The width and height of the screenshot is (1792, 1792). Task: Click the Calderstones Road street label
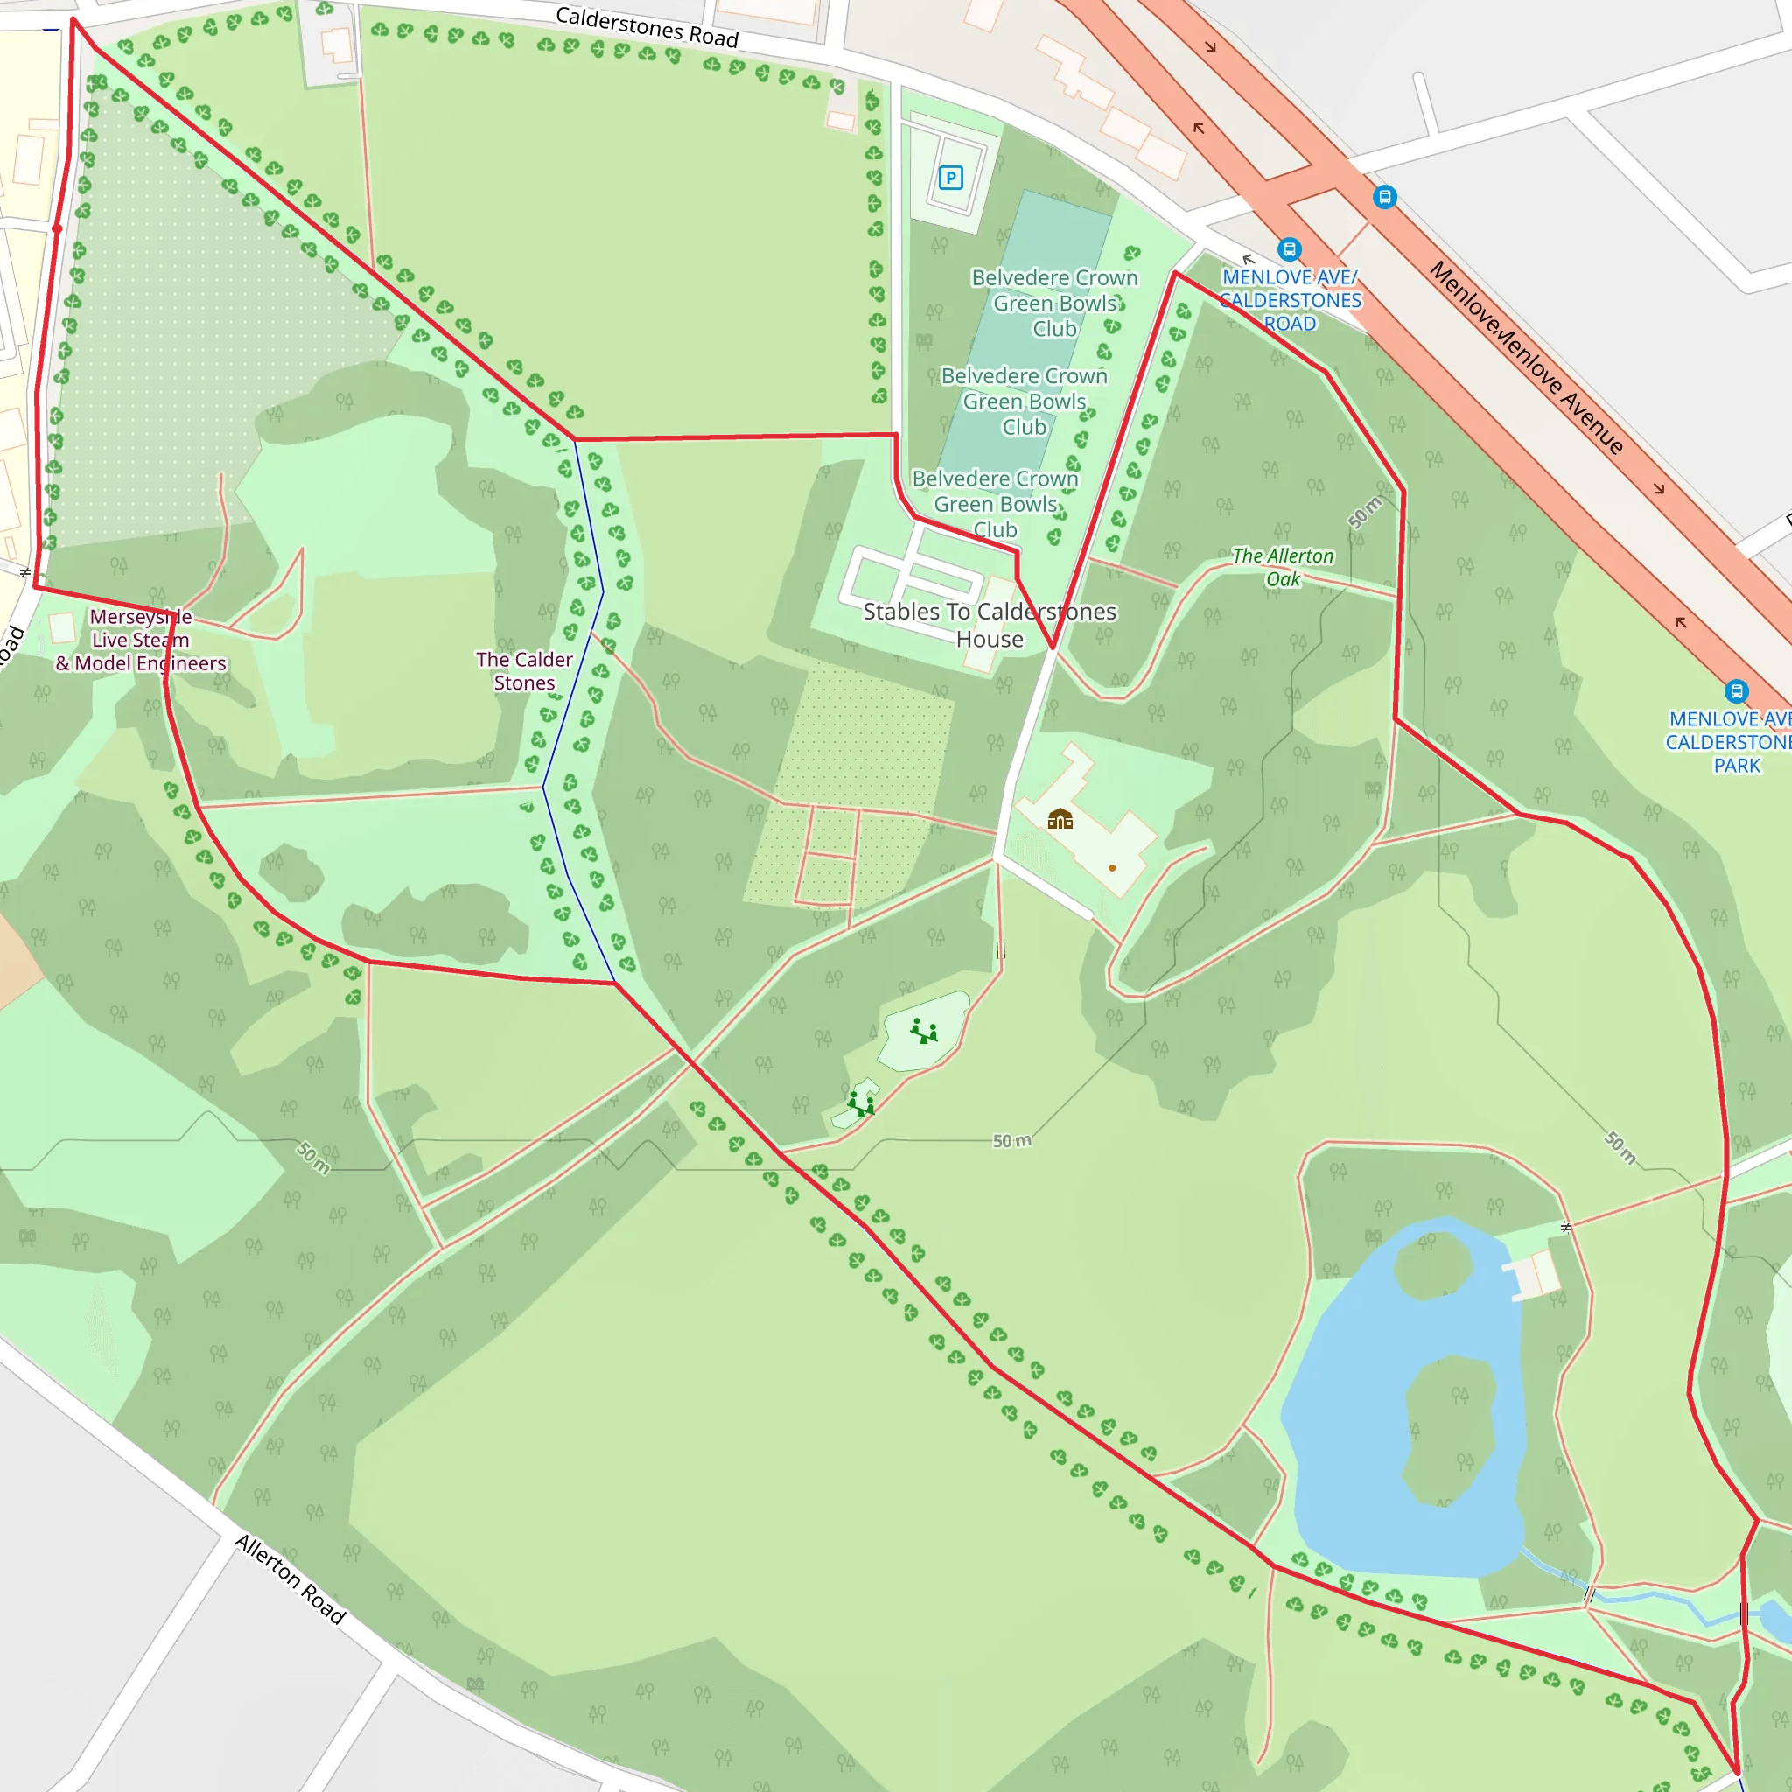pyautogui.click(x=647, y=26)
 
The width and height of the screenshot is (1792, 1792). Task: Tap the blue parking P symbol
pyautogui.click(x=951, y=177)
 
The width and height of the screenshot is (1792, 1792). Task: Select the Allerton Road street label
pyautogui.click(x=290, y=1578)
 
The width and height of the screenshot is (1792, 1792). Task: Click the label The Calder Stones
pyautogui.click(x=524, y=670)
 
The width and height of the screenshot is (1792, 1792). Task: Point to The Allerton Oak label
pyautogui.click(x=1283, y=567)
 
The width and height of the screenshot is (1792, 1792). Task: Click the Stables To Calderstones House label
pyautogui.click(x=990, y=624)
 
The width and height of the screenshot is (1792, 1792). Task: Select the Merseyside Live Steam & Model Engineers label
pyautogui.click(x=141, y=640)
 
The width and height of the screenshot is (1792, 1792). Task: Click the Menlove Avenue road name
pyautogui.click(x=1527, y=358)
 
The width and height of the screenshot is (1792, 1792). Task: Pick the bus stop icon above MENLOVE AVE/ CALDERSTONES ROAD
pyautogui.click(x=1289, y=248)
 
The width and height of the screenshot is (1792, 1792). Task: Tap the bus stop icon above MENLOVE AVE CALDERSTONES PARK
pyautogui.click(x=1736, y=691)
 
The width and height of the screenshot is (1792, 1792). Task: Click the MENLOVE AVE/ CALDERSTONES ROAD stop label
pyautogui.click(x=1291, y=299)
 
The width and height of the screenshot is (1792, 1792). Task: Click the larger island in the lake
pyautogui.click(x=1450, y=1428)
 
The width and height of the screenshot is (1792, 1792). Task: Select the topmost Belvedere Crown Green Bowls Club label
pyautogui.click(x=1054, y=303)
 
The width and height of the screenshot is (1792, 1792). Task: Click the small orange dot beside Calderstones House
pyautogui.click(x=1112, y=868)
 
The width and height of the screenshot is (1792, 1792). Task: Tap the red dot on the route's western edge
pyautogui.click(x=58, y=228)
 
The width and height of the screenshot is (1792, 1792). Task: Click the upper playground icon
pyautogui.click(x=923, y=1032)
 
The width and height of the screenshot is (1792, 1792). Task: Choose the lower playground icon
pyautogui.click(x=861, y=1102)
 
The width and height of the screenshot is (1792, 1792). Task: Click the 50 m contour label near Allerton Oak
pyautogui.click(x=1364, y=512)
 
